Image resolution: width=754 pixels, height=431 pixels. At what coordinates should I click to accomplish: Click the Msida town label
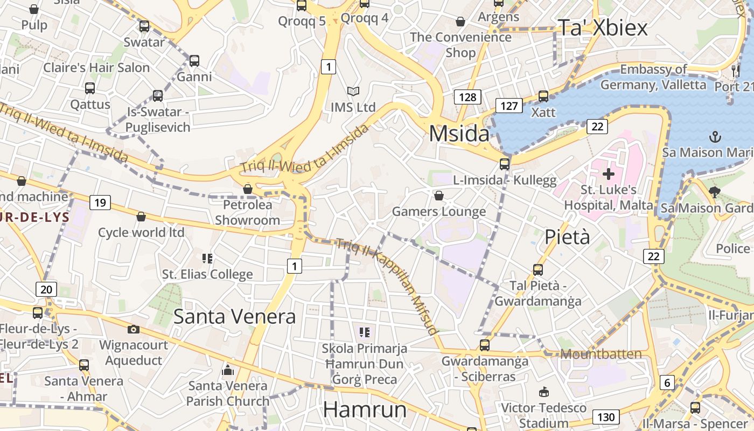459,134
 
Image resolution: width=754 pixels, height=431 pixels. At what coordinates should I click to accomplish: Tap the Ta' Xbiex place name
602,27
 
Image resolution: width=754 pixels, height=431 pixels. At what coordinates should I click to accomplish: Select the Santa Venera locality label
234,316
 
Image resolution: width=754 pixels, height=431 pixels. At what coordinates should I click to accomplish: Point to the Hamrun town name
365,410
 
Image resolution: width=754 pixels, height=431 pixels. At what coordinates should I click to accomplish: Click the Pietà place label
567,237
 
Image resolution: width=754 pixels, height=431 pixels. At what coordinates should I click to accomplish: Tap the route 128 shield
467,97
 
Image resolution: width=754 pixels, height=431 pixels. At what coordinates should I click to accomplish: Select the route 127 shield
509,106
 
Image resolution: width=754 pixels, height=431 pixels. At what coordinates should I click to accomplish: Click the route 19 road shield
100,203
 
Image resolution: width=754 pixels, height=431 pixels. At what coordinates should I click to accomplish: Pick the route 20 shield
46,289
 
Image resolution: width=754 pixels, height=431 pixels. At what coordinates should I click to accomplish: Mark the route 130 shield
605,416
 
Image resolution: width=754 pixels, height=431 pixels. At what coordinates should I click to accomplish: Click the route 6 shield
667,383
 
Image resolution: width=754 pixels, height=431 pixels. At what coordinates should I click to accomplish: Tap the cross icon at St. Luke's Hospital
608,174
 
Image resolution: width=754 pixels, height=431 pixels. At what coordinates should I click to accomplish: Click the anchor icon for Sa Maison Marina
715,137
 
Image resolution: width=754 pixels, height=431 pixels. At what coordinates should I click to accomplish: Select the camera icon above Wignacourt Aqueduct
133,329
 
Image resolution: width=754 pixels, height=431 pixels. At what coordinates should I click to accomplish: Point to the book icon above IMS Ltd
353,92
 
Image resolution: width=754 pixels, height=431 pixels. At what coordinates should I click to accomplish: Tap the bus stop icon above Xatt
543,96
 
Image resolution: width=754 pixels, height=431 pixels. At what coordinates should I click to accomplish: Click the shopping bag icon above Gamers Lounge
438,196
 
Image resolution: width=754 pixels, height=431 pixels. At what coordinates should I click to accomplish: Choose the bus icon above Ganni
194,61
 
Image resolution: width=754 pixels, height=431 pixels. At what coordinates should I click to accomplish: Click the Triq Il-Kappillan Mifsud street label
387,286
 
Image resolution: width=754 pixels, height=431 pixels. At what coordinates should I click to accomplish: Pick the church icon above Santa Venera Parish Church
228,370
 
